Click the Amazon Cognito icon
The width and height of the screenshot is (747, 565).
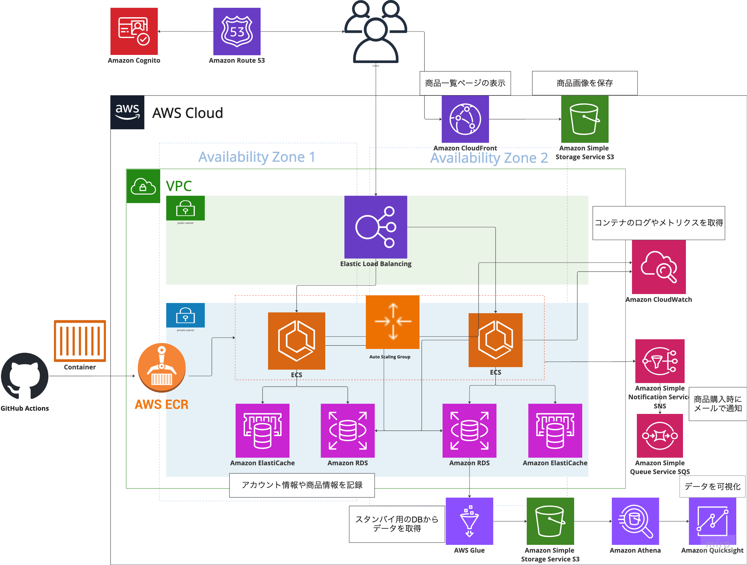tap(134, 32)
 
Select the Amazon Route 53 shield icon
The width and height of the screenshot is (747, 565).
tap(237, 32)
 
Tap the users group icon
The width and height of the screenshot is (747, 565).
tap(376, 32)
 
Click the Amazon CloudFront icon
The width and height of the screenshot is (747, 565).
tap(465, 119)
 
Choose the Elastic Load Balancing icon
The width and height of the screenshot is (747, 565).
tap(376, 227)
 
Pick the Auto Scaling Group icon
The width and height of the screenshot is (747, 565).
tap(393, 322)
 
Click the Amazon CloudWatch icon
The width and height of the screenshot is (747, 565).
tap(659, 267)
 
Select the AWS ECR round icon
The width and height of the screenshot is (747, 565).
tap(162, 367)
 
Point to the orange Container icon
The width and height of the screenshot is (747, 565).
tap(80, 341)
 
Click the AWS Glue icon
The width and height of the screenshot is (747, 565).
tap(469, 521)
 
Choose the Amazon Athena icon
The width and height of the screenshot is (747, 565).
tap(635, 521)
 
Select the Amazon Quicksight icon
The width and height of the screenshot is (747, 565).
tap(712, 521)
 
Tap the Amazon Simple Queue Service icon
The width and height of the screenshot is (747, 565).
tap(660, 436)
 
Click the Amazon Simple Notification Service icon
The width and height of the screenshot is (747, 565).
tap(660, 361)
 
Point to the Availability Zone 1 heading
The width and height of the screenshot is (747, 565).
tap(257, 157)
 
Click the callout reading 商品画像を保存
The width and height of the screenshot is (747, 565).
tap(585, 83)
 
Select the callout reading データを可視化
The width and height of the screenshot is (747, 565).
tap(712, 486)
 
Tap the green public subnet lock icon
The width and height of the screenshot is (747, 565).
tap(186, 208)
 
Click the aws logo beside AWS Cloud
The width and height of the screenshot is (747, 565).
tap(127, 112)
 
